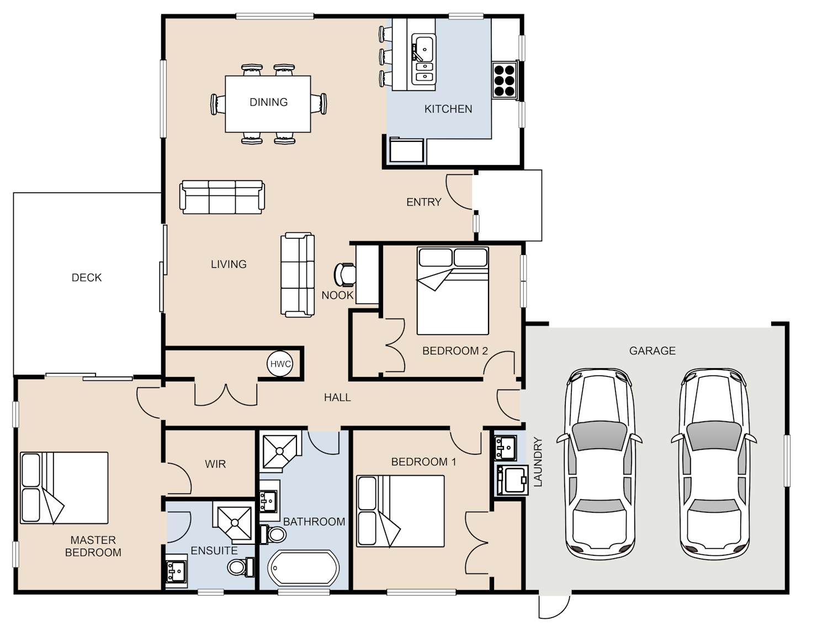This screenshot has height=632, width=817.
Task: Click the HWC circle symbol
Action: coord(280,363)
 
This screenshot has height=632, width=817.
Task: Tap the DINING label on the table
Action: coord(268,102)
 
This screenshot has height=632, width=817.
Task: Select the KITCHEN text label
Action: coord(448,109)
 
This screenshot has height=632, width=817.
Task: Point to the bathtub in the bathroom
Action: coord(304,568)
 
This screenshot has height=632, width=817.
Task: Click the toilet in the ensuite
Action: coord(241,566)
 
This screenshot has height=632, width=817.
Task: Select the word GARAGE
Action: coord(652,350)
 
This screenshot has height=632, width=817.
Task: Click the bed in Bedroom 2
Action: coord(453,290)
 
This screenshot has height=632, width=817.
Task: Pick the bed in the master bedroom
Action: coord(64,488)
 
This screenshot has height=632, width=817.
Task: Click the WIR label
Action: coord(215,464)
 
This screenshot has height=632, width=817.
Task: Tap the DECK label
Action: coord(87,277)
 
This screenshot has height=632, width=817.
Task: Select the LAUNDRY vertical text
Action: coord(538,462)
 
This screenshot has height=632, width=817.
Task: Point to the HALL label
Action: coord(337,397)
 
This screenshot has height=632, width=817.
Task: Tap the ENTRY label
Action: coord(424,202)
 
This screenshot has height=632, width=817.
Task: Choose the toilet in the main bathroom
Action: coord(273,534)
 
